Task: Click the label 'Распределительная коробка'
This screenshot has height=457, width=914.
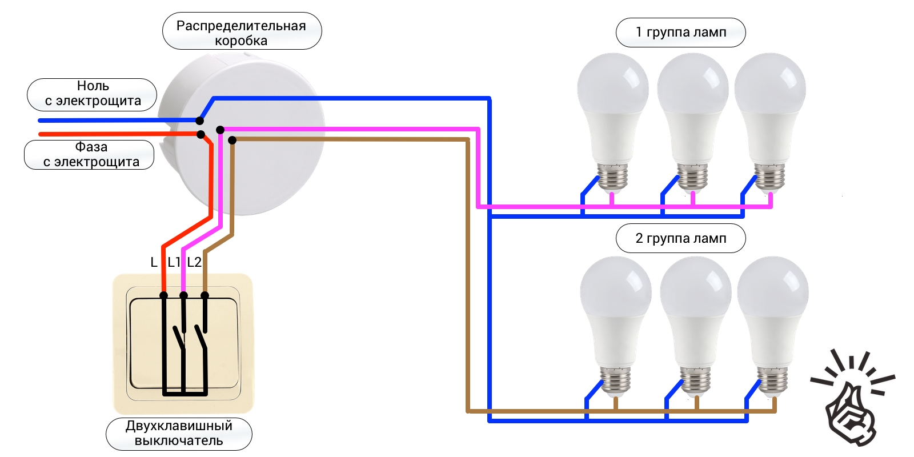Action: tap(241, 33)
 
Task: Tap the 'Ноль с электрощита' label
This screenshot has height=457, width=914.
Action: tap(93, 93)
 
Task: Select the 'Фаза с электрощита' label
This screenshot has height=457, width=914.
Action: tap(91, 154)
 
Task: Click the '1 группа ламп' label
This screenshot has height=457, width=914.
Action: tap(681, 32)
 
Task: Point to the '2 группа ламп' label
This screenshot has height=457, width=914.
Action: tap(681, 238)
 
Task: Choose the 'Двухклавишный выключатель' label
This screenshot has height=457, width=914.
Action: tap(179, 433)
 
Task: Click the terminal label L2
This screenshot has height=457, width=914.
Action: tap(194, 262)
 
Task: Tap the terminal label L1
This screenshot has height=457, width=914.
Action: tap(174, 262)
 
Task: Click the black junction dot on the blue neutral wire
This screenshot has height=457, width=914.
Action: tap(199, 121)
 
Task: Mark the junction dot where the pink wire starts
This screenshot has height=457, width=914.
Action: tap(220, 130)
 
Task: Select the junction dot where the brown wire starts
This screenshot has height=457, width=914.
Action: tap(232, 141)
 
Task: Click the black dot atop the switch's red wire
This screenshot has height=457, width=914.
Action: tap(163, 295)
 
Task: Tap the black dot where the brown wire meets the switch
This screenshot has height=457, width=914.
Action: tap(205, 295)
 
